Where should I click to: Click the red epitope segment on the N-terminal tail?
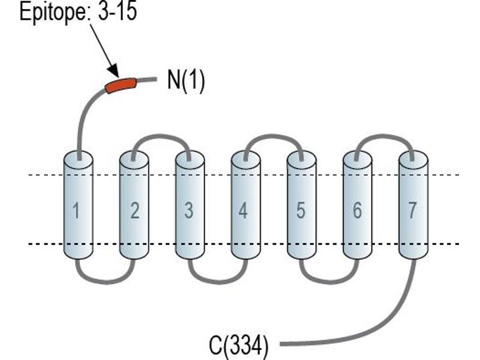click(x=121, y=85)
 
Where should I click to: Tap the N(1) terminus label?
click(x=186, y=81)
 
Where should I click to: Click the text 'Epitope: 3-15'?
click(x=78, y=11)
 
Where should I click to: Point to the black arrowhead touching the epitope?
click(x=114, y=70)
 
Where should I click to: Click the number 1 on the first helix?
click(x=76, y=211)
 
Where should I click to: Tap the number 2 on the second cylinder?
click(x=134, y=211)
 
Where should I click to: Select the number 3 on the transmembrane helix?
click(x=189, y=211)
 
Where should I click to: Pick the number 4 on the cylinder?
click(x=243, y=211)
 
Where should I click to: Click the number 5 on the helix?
click(x=301, y=211)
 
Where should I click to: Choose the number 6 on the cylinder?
click(x=357, y=211)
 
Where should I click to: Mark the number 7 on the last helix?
click(x=412, y=211)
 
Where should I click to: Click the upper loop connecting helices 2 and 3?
click(x=161, y=136)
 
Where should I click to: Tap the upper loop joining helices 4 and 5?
click(x=274, y=136)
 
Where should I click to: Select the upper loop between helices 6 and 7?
click(x=384, y=136)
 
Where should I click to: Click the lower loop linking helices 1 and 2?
click(x=106, y=281)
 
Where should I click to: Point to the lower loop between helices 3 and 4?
click(x=218, y=281)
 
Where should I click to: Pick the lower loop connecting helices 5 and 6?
click(x=330, y=281)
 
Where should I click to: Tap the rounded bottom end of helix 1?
click(x=79, y=254)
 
